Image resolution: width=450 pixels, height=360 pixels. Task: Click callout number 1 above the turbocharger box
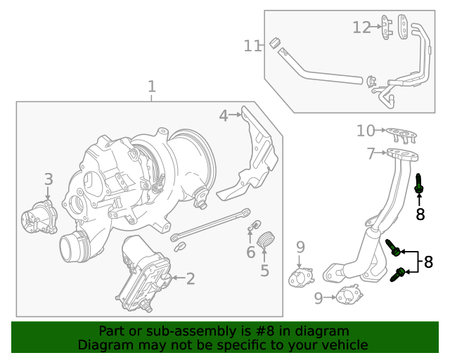[x=151, y=87]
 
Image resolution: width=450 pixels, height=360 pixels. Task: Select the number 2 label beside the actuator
[x=191, y=279]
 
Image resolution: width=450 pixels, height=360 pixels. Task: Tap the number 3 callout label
[x=48, y=179]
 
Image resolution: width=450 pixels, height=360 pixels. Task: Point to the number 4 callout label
[x=223, y=116]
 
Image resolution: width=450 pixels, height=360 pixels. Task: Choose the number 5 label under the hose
[x=264, y=270]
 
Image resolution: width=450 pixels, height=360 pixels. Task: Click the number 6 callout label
[x=250, y=252]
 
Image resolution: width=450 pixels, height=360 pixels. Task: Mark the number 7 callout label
[x=371, y=154]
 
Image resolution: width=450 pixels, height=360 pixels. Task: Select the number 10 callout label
[x=366, y=131]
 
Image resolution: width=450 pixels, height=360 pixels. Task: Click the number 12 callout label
[x=361, y=27]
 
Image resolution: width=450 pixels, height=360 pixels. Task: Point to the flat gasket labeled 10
[x=401, y=132]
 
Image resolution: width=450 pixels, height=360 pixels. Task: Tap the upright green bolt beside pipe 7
[x=419, y=184]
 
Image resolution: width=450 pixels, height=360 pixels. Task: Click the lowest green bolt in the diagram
[x=399, y=274]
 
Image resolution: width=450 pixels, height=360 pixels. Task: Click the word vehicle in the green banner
[x=342, y=345]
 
